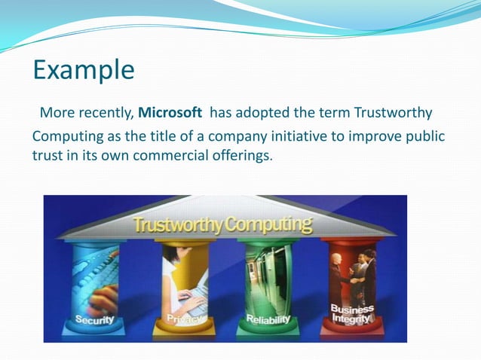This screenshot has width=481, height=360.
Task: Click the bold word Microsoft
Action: click(170, 113)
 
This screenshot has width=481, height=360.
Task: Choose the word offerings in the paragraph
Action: click(243, 157)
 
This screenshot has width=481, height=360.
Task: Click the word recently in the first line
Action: click(106, 113)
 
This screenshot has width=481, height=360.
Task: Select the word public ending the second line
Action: click(425, 136)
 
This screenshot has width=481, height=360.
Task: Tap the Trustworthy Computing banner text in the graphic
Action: click(222, 224)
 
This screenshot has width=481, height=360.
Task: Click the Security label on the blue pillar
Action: click(93, 319)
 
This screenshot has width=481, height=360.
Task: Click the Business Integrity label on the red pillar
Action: click(351, 314)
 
